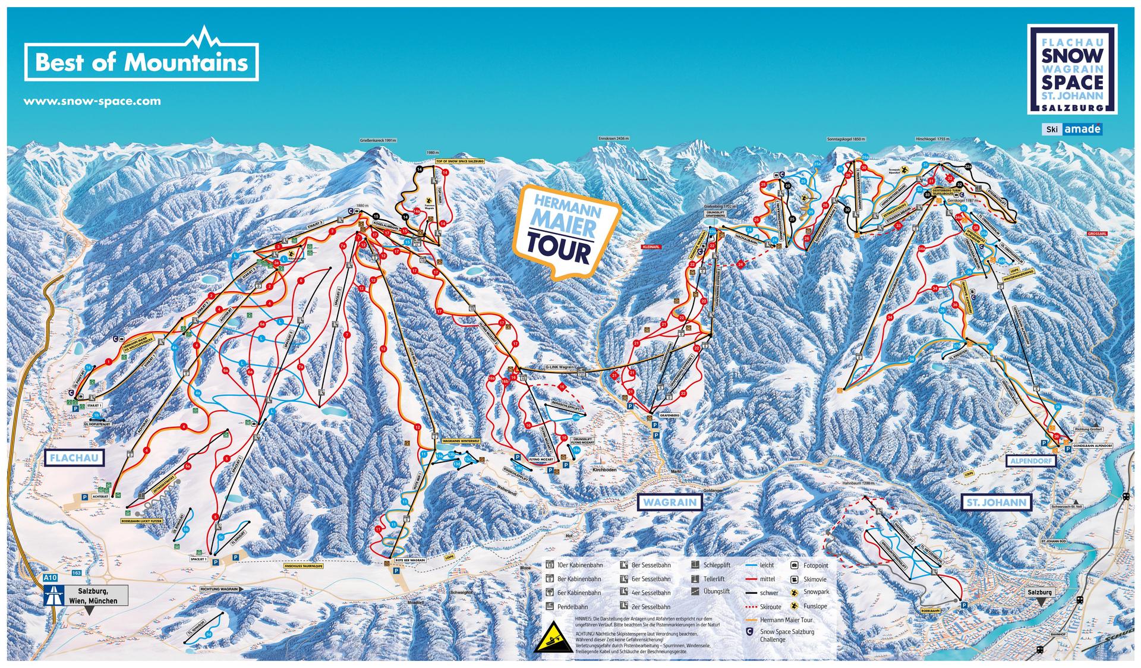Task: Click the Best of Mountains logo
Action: point(141,61)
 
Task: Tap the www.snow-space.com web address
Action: point(92,101)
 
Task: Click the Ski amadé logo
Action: point(1073,129)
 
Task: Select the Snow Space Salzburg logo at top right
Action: point(1073,70)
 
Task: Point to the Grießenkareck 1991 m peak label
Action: point(377,141)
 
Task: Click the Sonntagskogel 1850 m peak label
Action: point(846,138)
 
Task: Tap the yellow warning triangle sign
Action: point(553,639)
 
